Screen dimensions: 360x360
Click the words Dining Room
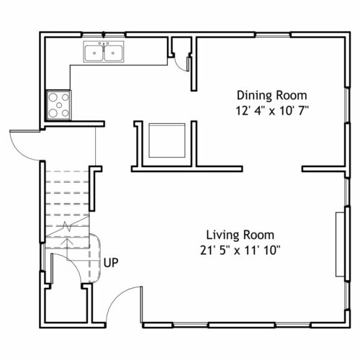[272, 96]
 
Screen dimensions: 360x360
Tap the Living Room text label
[240, 235]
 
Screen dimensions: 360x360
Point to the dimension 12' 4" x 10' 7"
[272, 111]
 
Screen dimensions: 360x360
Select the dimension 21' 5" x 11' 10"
[240, 251]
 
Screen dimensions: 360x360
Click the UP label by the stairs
[111, 263]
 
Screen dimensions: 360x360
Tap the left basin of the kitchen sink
[94, 53]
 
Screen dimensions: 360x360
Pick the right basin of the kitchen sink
[113, 53]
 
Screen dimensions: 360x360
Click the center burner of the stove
[59, 105]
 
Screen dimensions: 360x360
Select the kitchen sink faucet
[104, 45]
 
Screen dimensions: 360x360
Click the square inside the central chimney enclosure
[167, 140]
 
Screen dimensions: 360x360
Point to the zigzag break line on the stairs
[68, 226]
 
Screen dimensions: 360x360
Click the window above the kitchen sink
[104, 35]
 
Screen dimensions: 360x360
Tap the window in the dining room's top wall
[273, 35]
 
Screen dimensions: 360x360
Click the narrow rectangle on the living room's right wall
[340, 244]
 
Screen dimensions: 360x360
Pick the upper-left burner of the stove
[53, 97]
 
